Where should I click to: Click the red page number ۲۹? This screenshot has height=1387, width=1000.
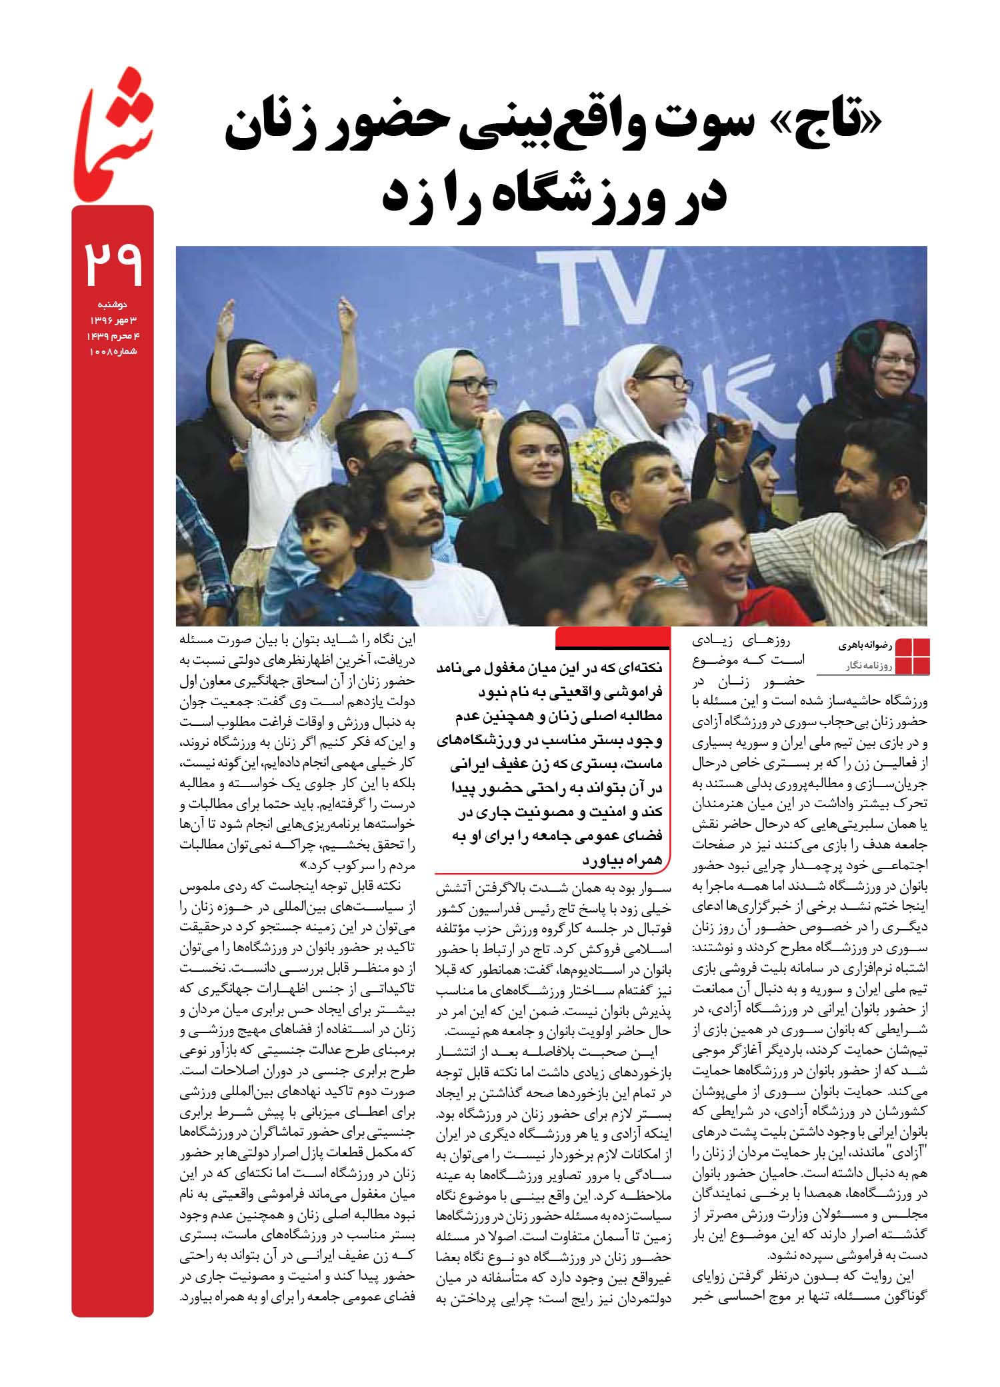point(113,263)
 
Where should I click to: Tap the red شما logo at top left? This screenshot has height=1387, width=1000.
point(115,136)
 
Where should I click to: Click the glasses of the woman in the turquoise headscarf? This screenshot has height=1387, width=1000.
point(472,385)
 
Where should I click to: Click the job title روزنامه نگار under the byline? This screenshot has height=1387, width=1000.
point(865,665)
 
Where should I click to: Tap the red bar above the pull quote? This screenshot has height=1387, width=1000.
point(612,638)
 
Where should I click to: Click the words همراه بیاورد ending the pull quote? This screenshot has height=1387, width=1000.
point(623,860)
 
